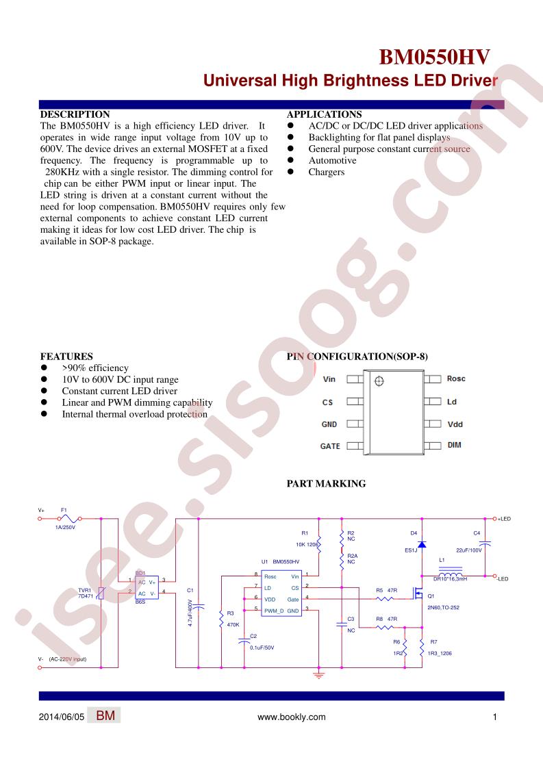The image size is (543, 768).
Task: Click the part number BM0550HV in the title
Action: (x=434, y=57)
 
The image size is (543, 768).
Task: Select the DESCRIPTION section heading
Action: (x=75, y=114)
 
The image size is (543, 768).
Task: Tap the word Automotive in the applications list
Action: (x=332, y=161)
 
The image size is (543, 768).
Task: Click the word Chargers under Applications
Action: (x=327, y=172)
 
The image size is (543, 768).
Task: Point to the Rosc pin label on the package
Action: (x=456, y=379)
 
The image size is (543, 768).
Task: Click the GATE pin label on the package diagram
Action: (x=330, y=446)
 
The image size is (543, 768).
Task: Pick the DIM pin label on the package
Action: (x=454, y=445)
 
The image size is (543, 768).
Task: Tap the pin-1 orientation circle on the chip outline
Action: (x=379, y=381)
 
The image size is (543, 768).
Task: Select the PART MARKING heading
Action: (x=327, y=484)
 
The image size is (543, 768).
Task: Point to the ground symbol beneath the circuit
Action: (x=319, y=675)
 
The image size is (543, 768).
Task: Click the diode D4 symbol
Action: (x=422, y=544)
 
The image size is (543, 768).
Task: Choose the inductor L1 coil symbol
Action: (x=451, y=572)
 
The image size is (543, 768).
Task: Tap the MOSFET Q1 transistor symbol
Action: (x=418, y=593)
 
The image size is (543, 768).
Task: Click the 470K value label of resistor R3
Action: (x=233, y=624)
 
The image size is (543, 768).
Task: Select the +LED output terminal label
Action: (x=504, y=519)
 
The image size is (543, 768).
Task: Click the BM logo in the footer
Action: (x=105, y=715)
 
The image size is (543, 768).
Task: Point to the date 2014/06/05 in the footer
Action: (x=61, y=717)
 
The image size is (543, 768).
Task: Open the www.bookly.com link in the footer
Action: (x=292, y=717)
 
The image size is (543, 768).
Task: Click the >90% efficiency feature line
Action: (x=95, y=368)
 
